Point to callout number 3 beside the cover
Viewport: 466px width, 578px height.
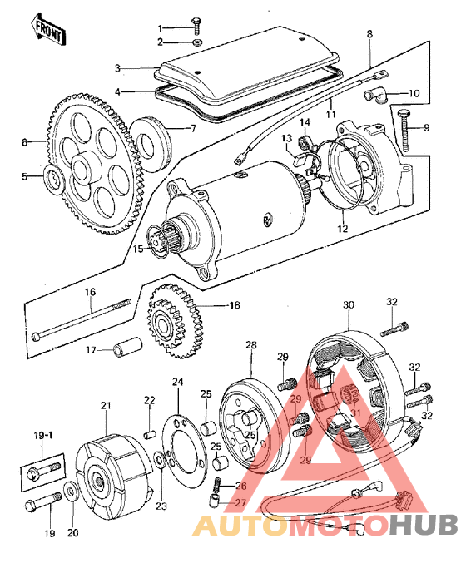pos(118,68)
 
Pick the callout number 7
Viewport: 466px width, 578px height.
pos(193,129)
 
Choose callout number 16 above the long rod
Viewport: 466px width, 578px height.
pos(90,293)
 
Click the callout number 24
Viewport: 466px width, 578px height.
pos(176,383)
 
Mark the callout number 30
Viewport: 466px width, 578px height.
pos(347,305)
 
